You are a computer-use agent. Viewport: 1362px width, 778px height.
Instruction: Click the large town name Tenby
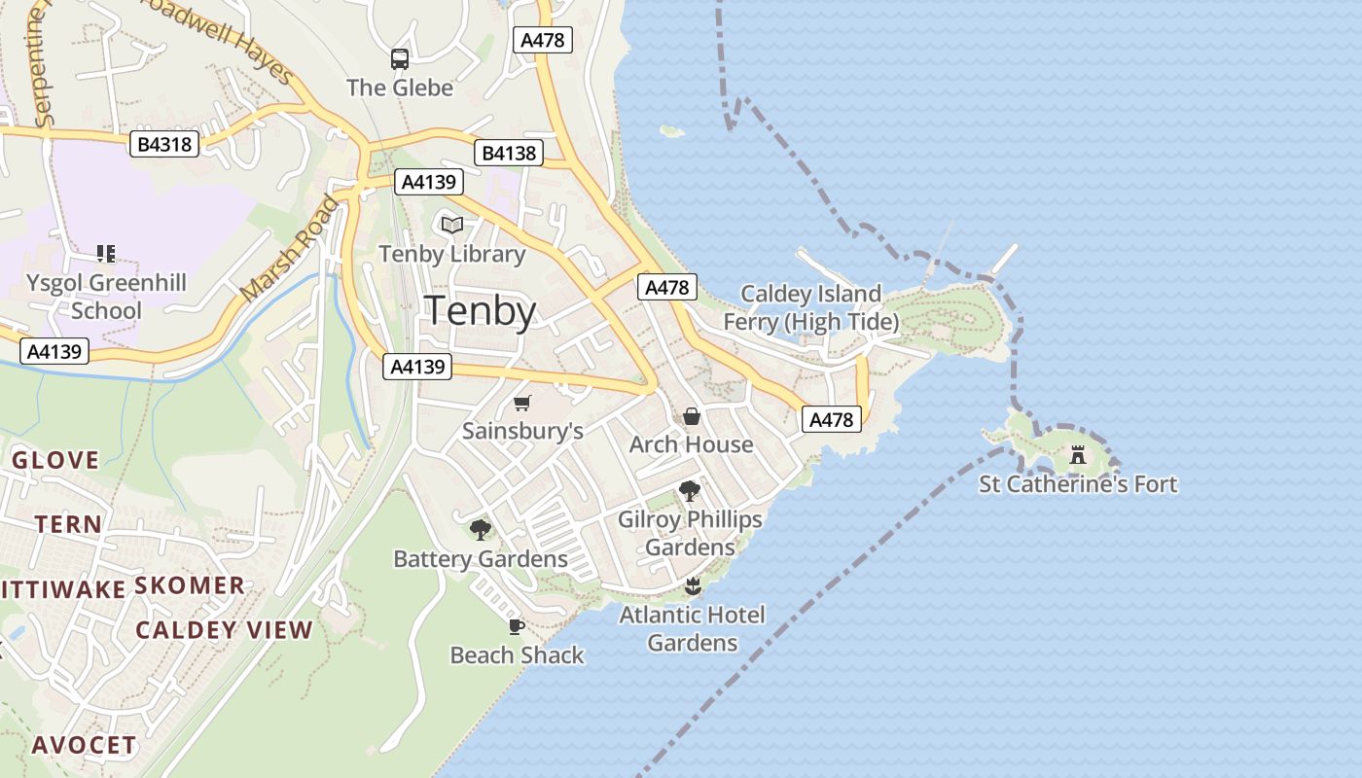(482, 311)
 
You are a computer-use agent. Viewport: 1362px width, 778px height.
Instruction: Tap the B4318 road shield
(164, 145)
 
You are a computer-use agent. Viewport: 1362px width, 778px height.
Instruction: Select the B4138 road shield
(509, 153)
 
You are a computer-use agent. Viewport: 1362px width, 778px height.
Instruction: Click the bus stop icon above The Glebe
(400, 59)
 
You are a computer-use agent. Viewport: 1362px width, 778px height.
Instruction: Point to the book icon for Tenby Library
(451, 226)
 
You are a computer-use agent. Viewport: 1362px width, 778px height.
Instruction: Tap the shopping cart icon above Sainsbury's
(522, 403)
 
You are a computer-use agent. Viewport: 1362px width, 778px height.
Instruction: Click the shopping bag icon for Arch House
(691, 416)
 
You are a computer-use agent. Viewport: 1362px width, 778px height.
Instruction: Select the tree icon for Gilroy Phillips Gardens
(690, 491)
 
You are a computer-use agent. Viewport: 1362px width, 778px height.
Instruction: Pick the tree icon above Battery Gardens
(480, 530)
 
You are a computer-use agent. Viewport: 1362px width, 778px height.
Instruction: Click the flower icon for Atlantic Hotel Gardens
(693, 585)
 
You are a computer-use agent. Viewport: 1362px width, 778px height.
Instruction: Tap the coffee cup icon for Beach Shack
(517, 626)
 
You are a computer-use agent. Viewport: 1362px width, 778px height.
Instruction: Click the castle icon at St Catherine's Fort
(1077, 455)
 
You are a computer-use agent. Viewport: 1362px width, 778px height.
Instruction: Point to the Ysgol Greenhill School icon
(106, 255)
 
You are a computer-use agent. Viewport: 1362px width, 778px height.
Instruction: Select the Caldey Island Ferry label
(810, 307)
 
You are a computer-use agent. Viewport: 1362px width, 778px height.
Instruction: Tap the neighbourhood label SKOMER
(190, 585)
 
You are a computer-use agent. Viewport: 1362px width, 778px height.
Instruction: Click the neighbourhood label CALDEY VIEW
(224, 630)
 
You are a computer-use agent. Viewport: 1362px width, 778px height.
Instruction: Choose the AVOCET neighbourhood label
(84, 746)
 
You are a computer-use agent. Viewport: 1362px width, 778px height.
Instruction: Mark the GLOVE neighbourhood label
(55, 460)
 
